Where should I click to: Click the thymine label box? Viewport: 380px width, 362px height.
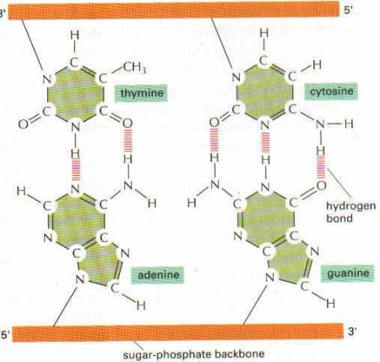[141, 93]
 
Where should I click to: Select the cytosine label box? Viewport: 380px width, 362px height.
[331, 91]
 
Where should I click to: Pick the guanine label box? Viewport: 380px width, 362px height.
[348, 273]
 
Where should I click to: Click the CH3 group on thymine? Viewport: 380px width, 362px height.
[134, 68]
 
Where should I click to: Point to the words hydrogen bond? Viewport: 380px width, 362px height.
[350, 211]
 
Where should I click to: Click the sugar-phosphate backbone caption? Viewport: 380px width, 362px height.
[193, 354]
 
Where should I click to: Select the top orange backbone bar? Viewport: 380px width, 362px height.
[174, 10]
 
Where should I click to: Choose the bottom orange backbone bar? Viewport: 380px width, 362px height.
[177, 332]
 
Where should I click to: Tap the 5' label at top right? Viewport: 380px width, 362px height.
[348, 10]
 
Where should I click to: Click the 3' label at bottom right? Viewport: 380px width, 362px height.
[352, 332]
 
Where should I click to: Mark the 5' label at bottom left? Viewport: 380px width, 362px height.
[5, 335]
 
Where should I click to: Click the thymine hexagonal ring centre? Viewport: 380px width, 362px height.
[76, 95]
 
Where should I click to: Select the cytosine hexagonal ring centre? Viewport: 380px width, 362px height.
[264, 92]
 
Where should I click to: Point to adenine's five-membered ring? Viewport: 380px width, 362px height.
[98, 264]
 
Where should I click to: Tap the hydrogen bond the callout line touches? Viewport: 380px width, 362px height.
[321, 167]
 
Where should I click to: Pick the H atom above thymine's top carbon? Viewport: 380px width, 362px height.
[74, 36]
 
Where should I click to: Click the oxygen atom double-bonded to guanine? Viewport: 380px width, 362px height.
[321, 185]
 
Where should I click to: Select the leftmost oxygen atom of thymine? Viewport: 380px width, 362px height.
[24, 123]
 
